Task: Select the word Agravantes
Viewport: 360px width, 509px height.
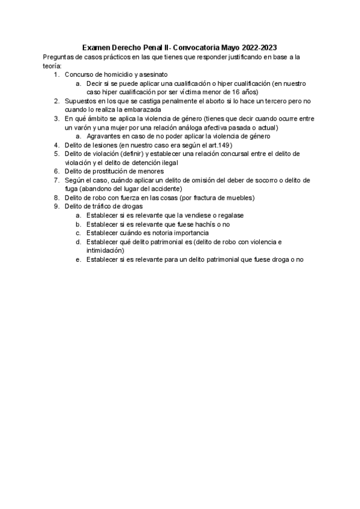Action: [x=104, y=136]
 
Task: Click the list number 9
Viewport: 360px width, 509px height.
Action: [x=56, y=206]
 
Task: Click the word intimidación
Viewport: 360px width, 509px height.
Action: [x=106, y=250]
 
